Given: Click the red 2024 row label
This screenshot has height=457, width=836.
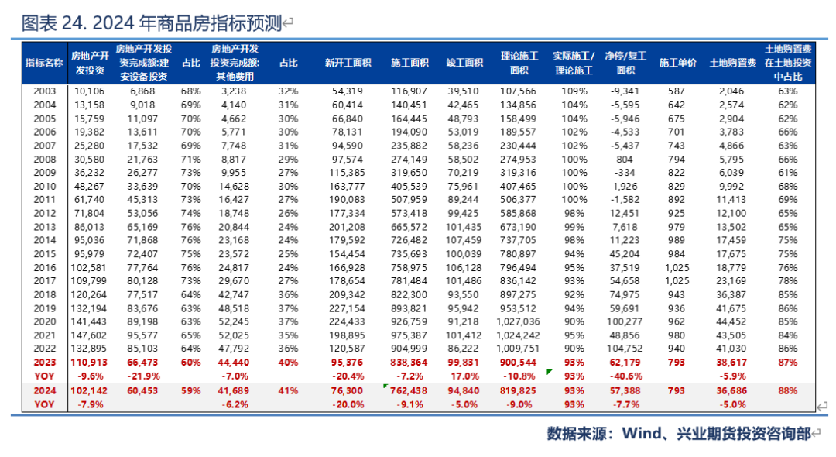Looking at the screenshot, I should click(x=45, y=391).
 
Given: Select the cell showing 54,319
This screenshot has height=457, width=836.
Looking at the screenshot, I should click(x=346, y=91).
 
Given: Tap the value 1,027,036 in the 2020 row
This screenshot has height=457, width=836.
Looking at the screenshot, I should click(x=519, y=321).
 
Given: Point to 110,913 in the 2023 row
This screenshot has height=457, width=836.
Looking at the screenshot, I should click(x=87, y=363).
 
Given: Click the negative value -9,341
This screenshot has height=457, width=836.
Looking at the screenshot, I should click(x=623, y=91).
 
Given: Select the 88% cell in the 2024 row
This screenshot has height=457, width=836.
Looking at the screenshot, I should click(x=788, y=391).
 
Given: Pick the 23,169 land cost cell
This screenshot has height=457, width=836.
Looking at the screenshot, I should click(x=731, y=280).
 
